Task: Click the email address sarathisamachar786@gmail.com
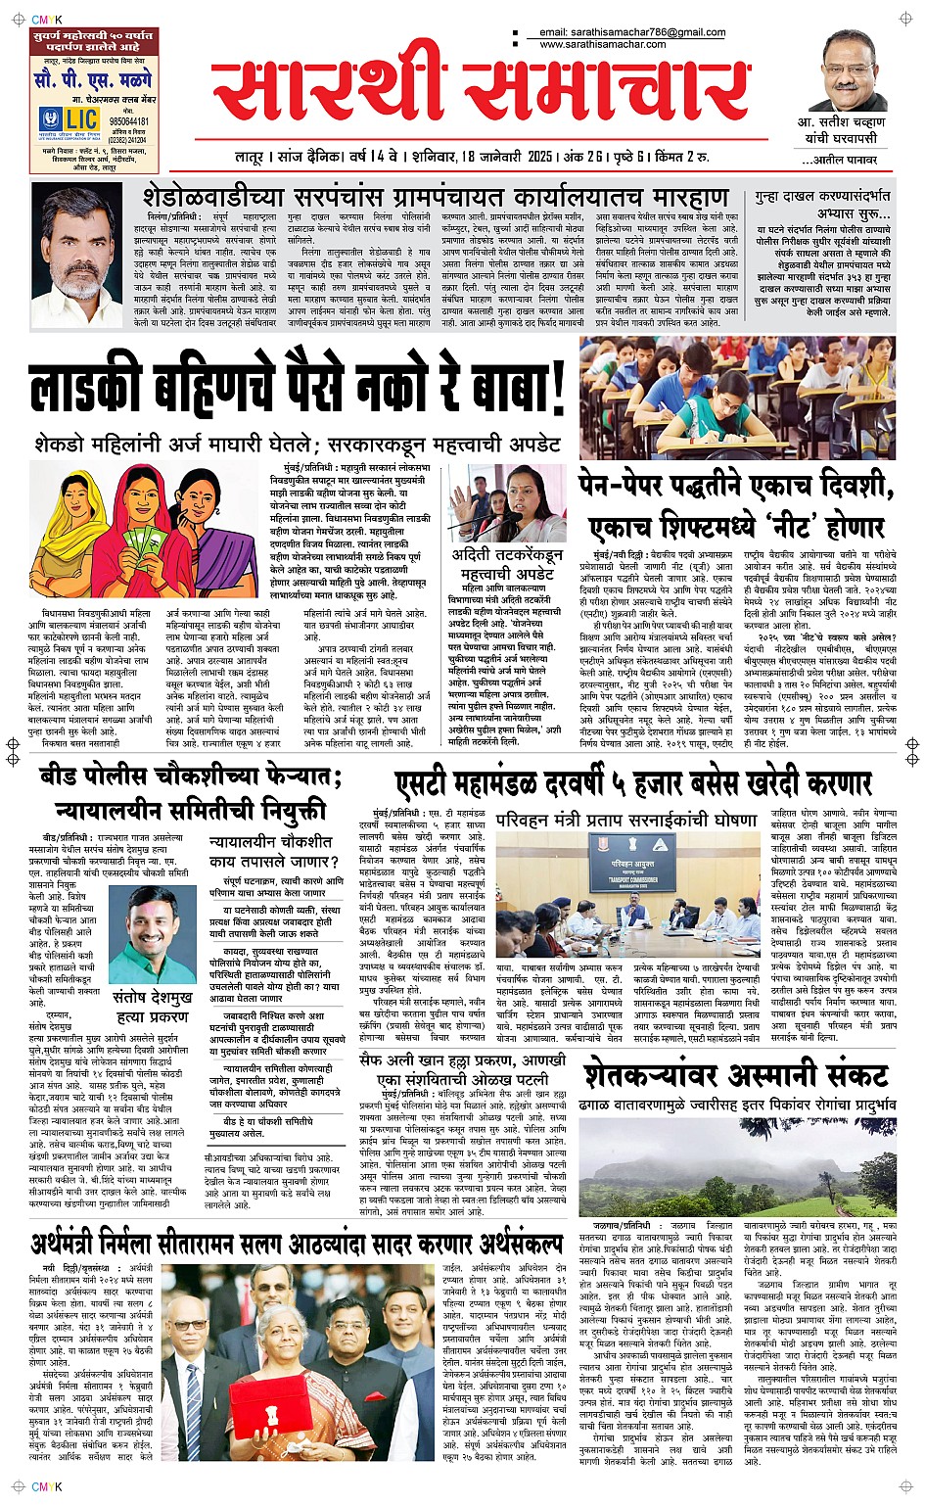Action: pos(632,32)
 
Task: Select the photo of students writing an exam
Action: pos(735,399)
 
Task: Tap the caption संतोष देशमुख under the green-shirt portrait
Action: pos(152,998)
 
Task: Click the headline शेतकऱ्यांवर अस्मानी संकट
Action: pos(735,1076)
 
